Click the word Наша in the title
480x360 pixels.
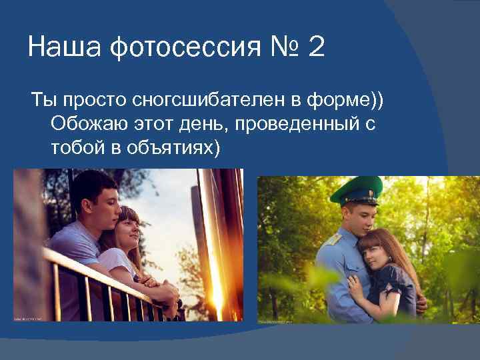coord(64,48)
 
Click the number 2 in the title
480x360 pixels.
coord(316,48)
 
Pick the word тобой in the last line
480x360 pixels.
coord(72,147)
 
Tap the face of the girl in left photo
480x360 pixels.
coord(130,230)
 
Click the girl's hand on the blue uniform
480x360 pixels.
coord(353,289)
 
